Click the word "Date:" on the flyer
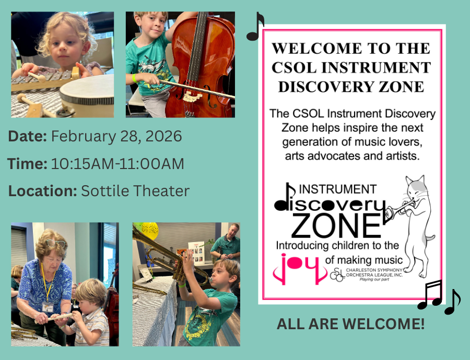[27, 136]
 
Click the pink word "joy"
[299, 269]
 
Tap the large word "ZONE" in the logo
[336, 226]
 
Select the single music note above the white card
[255, 27]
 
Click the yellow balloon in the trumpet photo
[150, 230]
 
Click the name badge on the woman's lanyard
[48, 307]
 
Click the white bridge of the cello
[192, 97]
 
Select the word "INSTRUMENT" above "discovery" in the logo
[337, 189]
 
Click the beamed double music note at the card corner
[430, 295]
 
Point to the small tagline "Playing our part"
[374, 280]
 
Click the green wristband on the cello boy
[135, 78]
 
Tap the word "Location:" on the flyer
[43, 191]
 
